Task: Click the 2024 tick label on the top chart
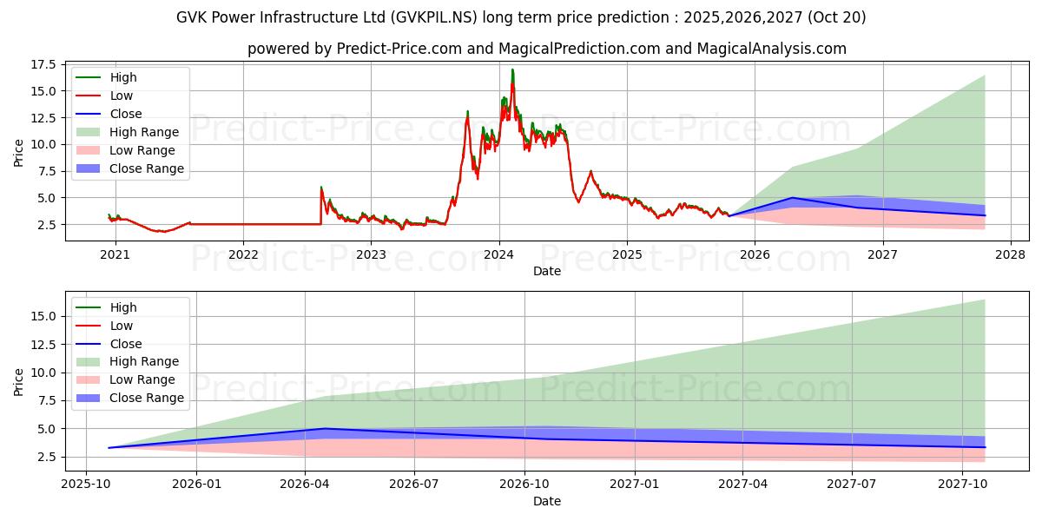pyautogui.click(x=498, y=254)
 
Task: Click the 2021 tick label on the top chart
pyautogui.click(x=115, y=254)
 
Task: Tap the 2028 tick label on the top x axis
pyautogui.click(x=1011, y=254)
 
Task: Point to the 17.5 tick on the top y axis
pyautogui.click(x=42, y=64)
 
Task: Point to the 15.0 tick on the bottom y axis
pyautogui.click(x=42, y=316)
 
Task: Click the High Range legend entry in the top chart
pyautogui.click(x=144, y=132)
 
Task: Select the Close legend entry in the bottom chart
pyautogui.click(x=126, y=344)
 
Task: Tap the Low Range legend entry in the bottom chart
pyautogui.click(x=142, y=379)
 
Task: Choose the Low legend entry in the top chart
pyautogui.click(x=122, y=96)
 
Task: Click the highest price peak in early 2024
pyautogui.click(x=512, y=69)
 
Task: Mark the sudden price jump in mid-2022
pyautogui.click(x=321, y=187)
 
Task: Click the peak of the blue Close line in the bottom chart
pyautogui.click(x=326, y=428)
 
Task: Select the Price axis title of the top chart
pyautogui.click(x=18, y=152)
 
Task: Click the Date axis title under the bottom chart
pyautogui.click(x=547, y=501)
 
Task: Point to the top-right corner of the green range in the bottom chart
pyautogui.click(x=985, y=300)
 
